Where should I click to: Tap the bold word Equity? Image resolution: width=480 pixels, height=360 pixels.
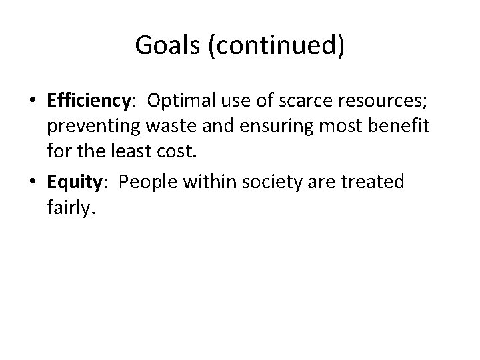[74, 182]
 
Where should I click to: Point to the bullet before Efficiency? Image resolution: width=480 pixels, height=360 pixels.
[32, 101]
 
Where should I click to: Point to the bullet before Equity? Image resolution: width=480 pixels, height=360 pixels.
[32, 183]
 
